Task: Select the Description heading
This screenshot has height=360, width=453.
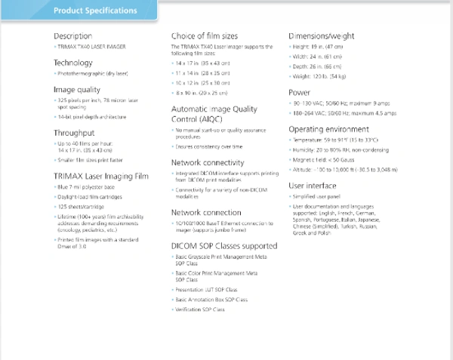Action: (73, 36)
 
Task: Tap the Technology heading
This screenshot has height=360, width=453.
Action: (73, 63)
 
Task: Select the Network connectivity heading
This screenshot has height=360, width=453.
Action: (213, 162)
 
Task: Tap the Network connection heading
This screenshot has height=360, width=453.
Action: (211, 213)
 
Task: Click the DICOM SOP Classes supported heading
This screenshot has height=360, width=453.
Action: (224, 246)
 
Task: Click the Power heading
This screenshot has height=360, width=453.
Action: (300, 92)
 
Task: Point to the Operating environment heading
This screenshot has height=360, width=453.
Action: (331, 129)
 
